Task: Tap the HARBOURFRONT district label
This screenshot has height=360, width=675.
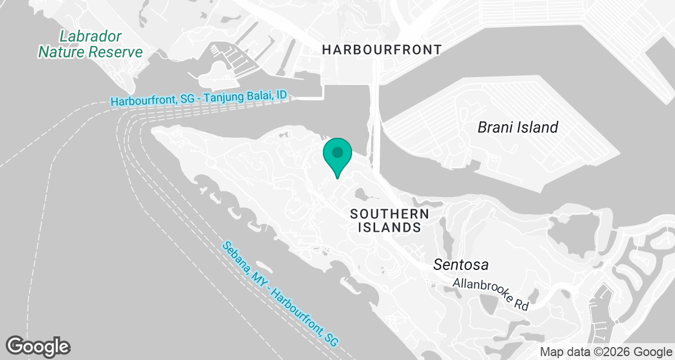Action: click(381, 50)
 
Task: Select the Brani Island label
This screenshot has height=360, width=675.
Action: click(517, 127)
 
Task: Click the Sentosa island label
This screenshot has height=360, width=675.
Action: click(460, 264)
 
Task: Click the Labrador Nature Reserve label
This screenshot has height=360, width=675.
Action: click(90, 44)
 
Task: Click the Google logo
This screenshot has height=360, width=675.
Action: click(38, 345)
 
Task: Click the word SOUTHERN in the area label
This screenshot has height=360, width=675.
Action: click(389, 214)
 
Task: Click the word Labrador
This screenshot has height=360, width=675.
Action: click(91, 37)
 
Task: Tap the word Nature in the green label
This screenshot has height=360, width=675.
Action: click(62, 52)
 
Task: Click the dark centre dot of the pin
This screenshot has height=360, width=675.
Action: click(337, 152)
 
